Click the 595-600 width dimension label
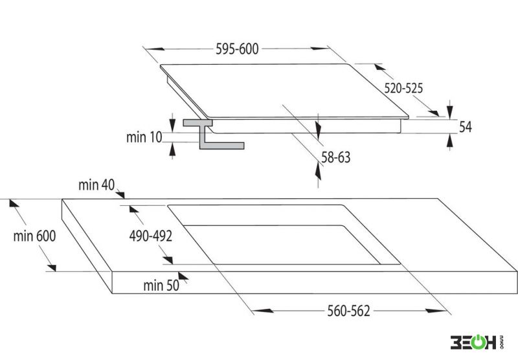click(237, 49)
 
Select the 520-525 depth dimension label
click(403, 88)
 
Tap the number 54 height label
click(466, 127)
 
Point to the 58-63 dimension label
click(335, 157)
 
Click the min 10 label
click(144, 137)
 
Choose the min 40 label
click(96, 185)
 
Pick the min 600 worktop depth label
click(34, 236)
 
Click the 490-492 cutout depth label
click(151, 236)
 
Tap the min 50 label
click(161, 286)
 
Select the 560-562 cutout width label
click(348, 311)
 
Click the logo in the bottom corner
click(477, 343)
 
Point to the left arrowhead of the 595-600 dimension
click(155, 49)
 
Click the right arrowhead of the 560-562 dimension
click(436, 311)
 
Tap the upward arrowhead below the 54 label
click(449, 141)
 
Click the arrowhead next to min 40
click(120, 195)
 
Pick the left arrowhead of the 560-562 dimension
click(263, 311)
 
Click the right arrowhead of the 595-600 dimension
click(320, 48)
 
